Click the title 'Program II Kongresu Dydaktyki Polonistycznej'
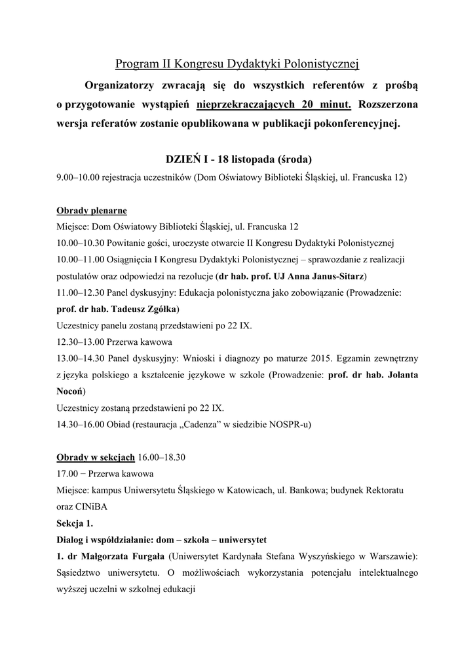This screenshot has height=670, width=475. pos(237,63)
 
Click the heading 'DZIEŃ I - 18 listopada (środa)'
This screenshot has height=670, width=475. pos(237,160)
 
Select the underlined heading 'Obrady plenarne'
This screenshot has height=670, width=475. pos(92,211)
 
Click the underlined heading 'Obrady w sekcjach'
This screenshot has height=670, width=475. pos(96,457)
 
